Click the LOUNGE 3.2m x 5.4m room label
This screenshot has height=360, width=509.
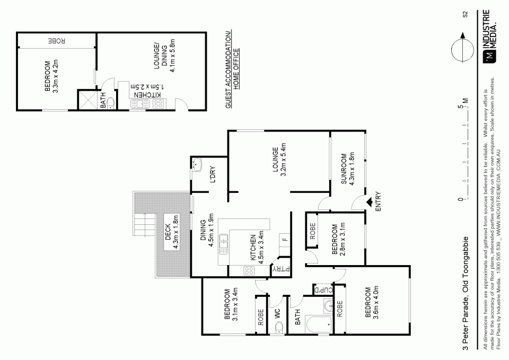point(279,162)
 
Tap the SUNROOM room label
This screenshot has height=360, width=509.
point(347,169)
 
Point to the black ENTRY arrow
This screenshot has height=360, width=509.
point(370,200)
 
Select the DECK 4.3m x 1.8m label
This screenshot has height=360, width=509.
point(172,232)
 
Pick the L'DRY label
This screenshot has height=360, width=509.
point(212,174)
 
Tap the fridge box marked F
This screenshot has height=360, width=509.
point(284,240)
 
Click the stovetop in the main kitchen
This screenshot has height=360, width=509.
point(248,271)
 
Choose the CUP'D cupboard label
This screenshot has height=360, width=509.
point(323,289)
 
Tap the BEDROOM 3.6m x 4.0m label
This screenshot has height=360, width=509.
point(370,303)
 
